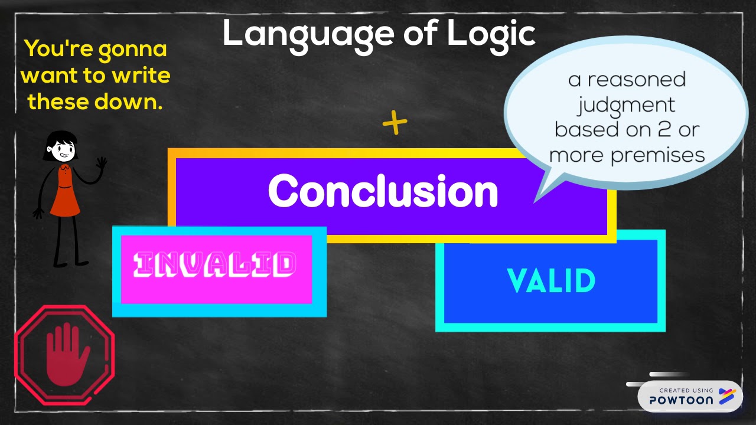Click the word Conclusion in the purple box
(383, 191)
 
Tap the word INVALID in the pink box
(214, 266)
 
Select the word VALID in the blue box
(551, 281)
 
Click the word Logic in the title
(491, 34)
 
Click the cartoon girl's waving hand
(102, 162)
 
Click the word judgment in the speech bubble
(626, 105)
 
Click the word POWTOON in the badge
(681, 400)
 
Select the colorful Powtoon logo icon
(727, 397)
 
